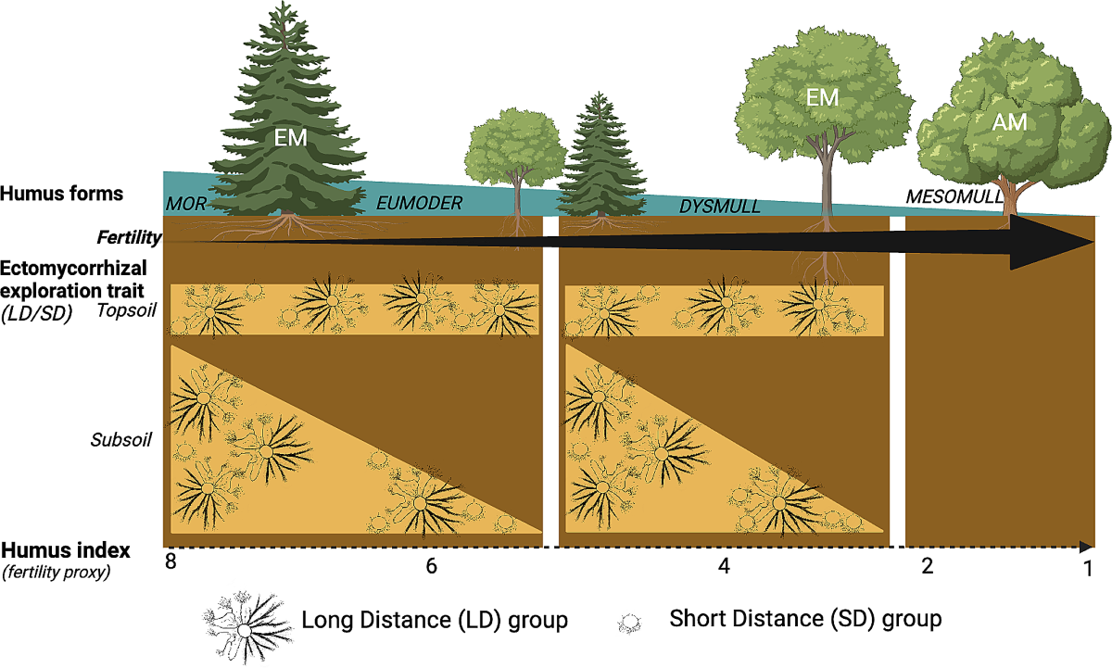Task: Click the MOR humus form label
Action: (185, 203)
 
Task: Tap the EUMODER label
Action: (418, 204)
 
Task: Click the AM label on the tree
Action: (1010, 121)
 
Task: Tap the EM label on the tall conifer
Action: (290, 139)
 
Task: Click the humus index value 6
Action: (431, 566)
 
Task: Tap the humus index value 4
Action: (725, 566)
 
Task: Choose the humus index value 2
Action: (928, 566)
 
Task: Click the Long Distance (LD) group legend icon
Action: (243, 618)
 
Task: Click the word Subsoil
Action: (121, 438)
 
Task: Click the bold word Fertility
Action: (130, 238)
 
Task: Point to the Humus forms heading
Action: (62, 194)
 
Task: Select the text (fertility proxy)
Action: (57, 572)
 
